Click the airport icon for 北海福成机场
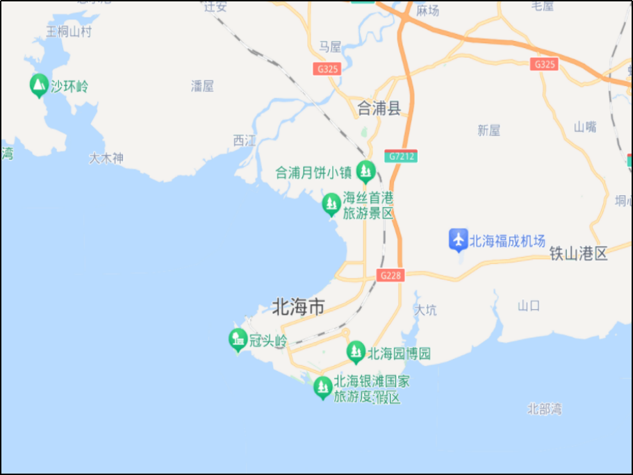coord(458,240)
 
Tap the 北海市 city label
coord(298,306)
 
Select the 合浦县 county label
coord(379,108)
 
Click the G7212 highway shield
coord(402,156)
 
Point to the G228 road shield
coord(391,275)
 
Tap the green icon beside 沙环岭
coord(39,85)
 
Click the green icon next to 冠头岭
coord(238,340)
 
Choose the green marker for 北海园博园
coord(356,352)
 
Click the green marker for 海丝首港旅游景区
coord(331,204)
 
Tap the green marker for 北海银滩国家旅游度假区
coord(322,387)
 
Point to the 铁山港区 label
coord(578,253)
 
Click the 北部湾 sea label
coord(544,408)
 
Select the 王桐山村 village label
coord(69,31)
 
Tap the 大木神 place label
coord(106,158)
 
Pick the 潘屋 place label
coord(202,86)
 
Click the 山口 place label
coord(529,306)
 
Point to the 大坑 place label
coord(425,310)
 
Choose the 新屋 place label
coord(489,130)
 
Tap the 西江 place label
coord(244,140)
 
